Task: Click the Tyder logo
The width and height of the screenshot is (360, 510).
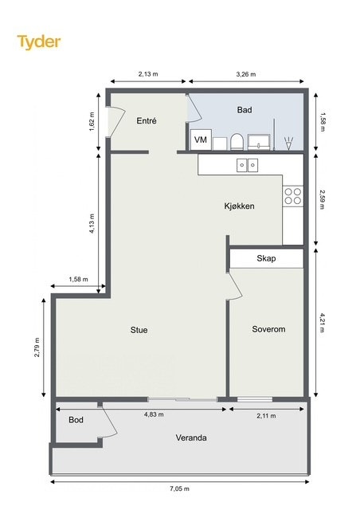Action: [x=39, y=42]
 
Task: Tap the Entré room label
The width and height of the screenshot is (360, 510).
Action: [x=147, y=121]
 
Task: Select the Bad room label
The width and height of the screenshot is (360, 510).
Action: [x=245, y=110]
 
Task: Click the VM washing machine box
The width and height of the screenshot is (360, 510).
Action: [x=202, y=140]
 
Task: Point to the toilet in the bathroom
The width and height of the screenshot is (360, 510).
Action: [x=236, y=142]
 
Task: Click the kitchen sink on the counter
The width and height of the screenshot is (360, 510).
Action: [x=247, y=165]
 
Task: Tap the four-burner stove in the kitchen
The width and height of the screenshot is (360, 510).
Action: [x=292, y=196]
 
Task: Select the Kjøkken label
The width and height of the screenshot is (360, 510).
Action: [x=239, y=206]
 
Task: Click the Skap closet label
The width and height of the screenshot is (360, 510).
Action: [x=266, y=259]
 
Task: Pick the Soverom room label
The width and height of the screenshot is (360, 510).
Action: [x=268, y=329]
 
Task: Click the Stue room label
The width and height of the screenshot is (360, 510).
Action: [x=139, y=330]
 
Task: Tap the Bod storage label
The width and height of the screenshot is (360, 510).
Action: [x=76, y=420]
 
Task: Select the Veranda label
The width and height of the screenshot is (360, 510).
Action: [x=193, y=438]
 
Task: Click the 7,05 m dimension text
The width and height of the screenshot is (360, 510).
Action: [x=180, y=488]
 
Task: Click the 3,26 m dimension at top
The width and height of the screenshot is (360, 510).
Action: [x=246, y=74]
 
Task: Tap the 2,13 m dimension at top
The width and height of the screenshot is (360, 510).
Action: [x=148, y=74]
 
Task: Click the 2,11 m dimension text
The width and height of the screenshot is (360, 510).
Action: [x=266, y=415]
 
